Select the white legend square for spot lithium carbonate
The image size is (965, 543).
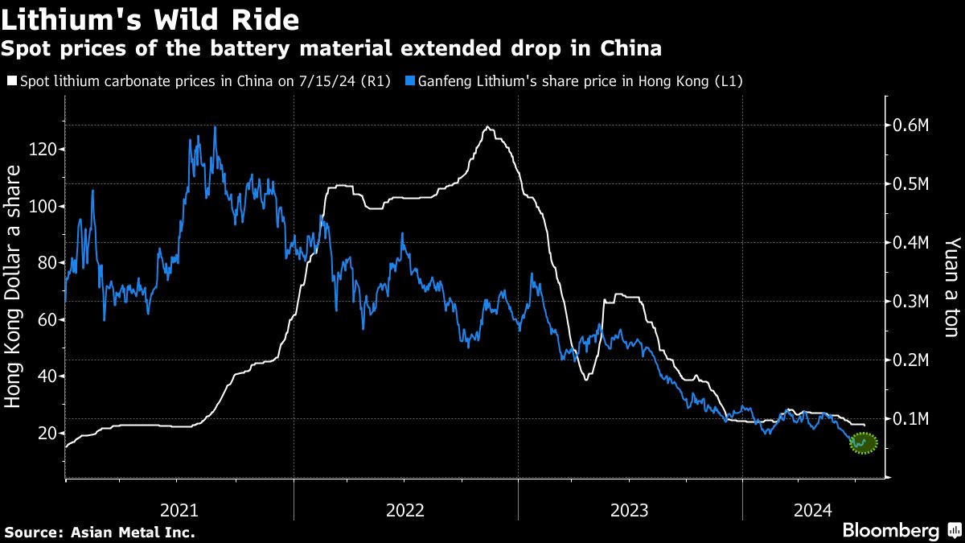click(x=10, y=81)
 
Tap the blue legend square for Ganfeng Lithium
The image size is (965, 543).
click(x=411, y=81)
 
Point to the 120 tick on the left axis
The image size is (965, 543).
click(x=46, y=150)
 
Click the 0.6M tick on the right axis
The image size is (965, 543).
click(x=911, y=125)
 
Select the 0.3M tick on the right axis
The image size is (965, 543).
click(x=911, y=301)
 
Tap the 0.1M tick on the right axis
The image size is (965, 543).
click(x=911, y=418)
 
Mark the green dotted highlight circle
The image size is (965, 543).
click(x=863, y=442)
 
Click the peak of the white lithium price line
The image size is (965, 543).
click(x=487, y=127)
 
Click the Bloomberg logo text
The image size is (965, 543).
click(x=890, y=531)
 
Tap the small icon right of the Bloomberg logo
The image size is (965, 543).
click(x=954, y=531)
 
